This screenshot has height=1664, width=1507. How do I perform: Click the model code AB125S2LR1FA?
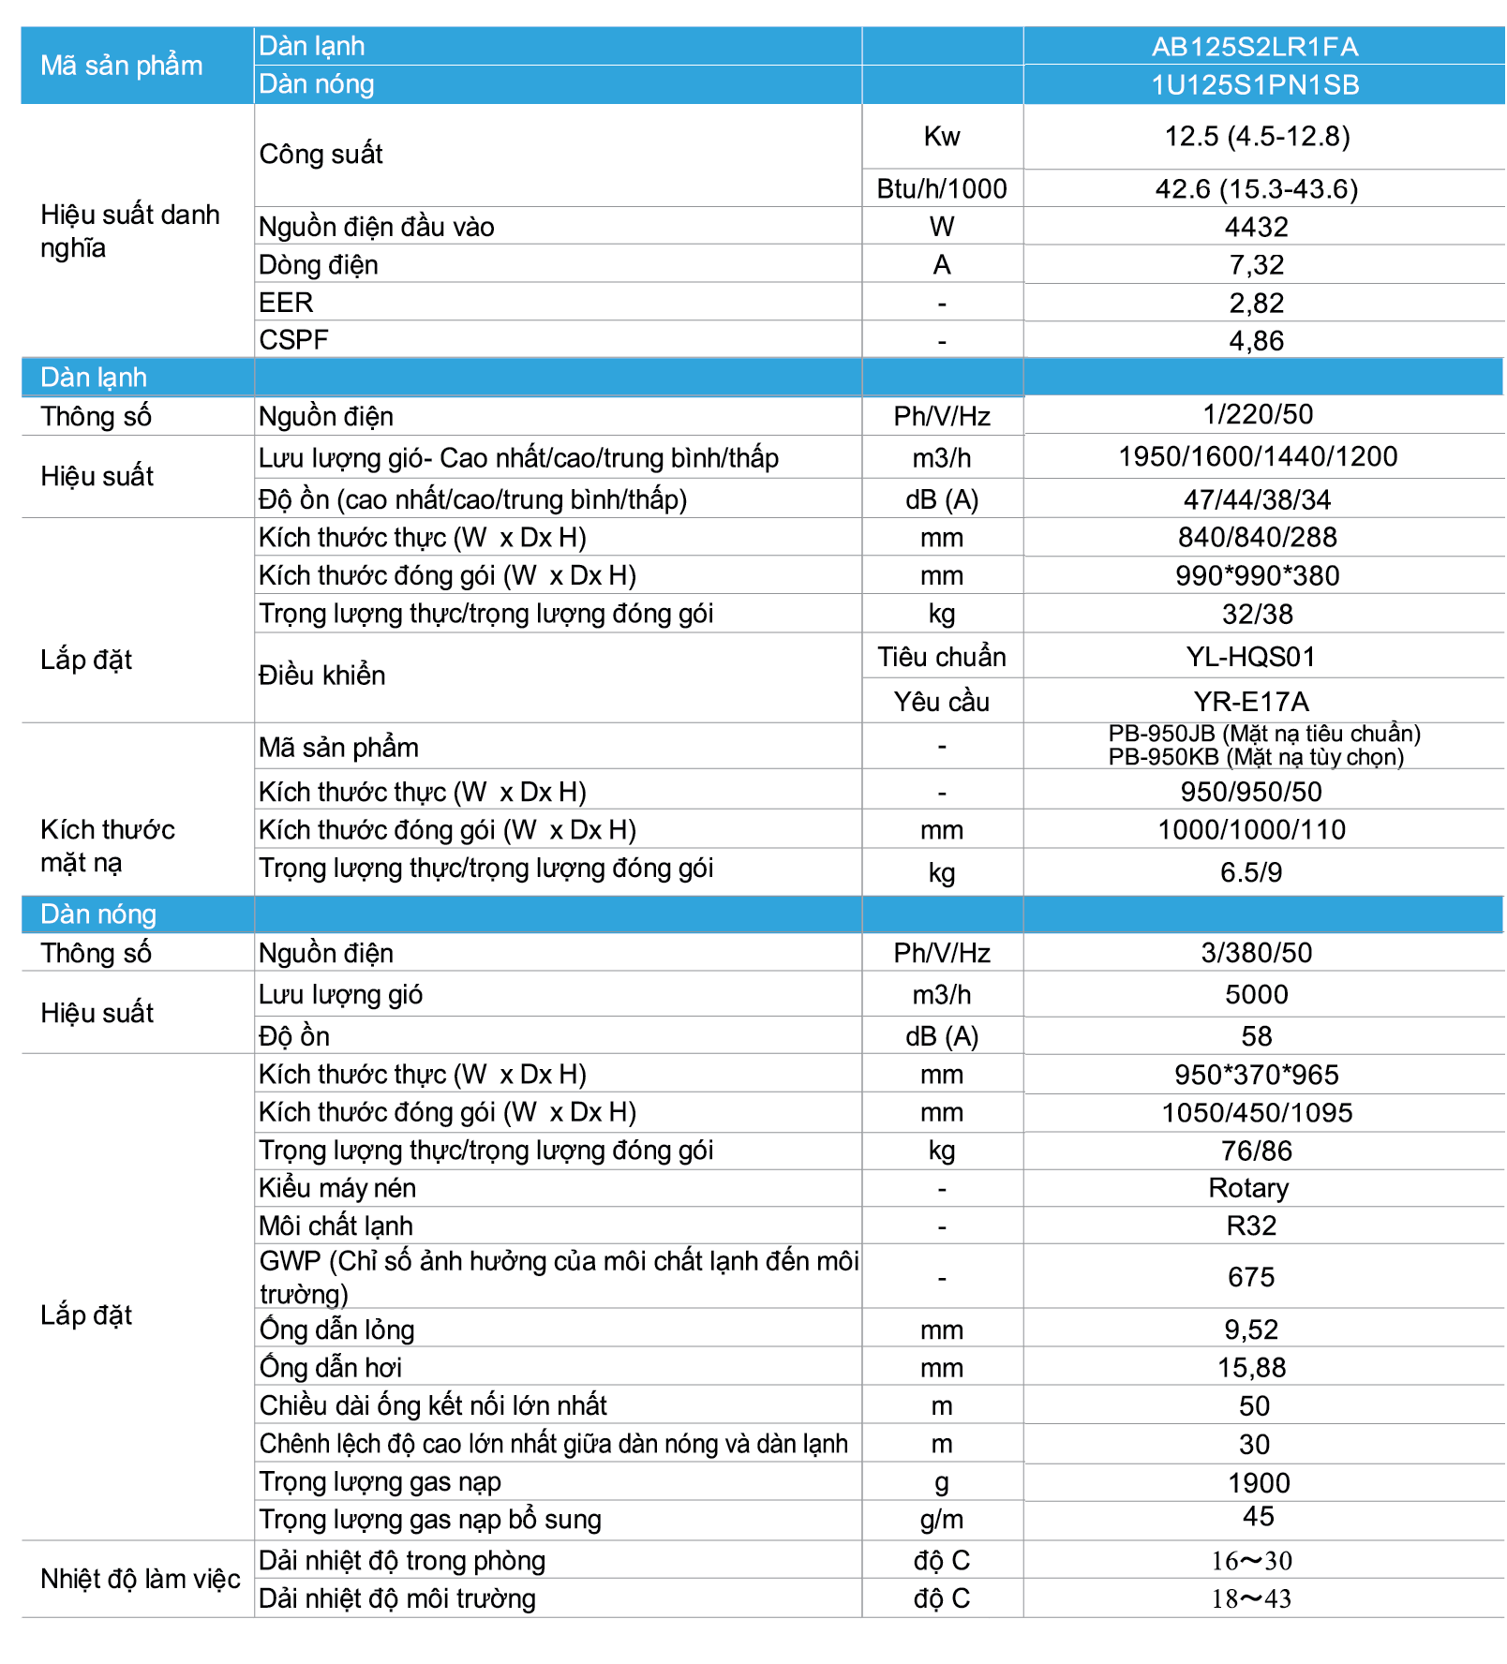point(1254,47)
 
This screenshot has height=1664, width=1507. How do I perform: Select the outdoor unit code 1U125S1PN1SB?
point(1254,85)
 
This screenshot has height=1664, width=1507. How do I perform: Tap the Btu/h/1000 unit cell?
point(941,189)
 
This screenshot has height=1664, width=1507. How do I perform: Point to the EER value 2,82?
point(1256,303)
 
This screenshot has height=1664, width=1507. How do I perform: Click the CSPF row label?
point(293,340)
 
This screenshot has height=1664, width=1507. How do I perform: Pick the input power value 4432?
point(1256,227)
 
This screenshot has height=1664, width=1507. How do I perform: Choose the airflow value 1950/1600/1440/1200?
point(1257,457)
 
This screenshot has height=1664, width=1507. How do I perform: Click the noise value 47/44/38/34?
point(1256,499)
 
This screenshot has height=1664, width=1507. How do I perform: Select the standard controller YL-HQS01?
point(1250,657)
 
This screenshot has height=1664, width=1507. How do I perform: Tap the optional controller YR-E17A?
point(1250,702)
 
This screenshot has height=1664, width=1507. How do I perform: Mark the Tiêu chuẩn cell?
point(941,657)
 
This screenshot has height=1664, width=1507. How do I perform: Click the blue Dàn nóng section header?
point(98,914)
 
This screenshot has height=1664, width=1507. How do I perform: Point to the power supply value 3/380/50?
point(1256,953)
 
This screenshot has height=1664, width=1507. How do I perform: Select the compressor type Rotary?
point(1248,1188)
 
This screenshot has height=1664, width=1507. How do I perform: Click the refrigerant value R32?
point(1250,1226)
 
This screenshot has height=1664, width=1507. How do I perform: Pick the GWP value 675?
point(1250,1277)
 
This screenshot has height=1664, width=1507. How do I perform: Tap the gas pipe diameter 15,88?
point(1251,1368)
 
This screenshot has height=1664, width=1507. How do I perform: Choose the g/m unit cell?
point(941,1520)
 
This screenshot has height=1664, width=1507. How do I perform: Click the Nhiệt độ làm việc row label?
point(141,1579)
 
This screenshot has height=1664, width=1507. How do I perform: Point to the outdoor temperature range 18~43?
point(1250,1598)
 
